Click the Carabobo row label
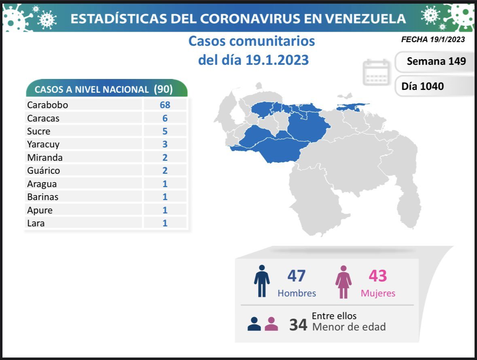click(x=47, y=105)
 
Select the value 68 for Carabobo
click(x=165, y=105)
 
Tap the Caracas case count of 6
click(x=165, y=118)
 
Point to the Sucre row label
click(x=39, y=131)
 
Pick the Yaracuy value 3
click(x=165, y=144)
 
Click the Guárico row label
click(x=44, y=170)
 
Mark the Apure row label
click(x=40, y=210)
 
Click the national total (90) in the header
click(x=163, y=89)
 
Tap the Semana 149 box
click(x=436, y=61)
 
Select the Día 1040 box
click(x=422, y=86)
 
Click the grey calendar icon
click(x=376, y=72)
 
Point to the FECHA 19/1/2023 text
click(x=433, y=40)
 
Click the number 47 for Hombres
click(x=297, y=276)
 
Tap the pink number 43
click(x=377, y=276)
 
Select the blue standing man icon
click(x=262, y=281)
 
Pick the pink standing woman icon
click(x=343, y=282)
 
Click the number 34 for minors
click(x=298, y=325)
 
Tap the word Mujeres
click(x=378, y=293)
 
